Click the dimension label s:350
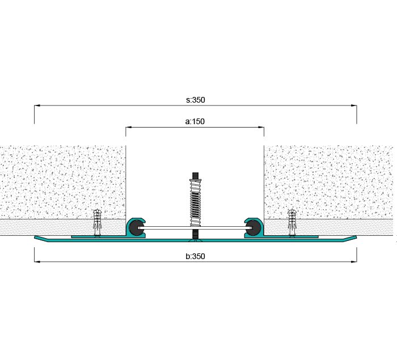click(196, 100)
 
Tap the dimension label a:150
click(195, 121)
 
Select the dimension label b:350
click(195, 256)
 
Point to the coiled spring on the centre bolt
click(195, 203)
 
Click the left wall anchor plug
click(97, 222)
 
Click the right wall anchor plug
click(292, 222)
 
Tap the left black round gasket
click(135, 228)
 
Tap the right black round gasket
click(255, 228)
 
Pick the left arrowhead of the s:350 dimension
click(37, 105)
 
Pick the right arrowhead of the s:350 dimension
click(354, 105)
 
